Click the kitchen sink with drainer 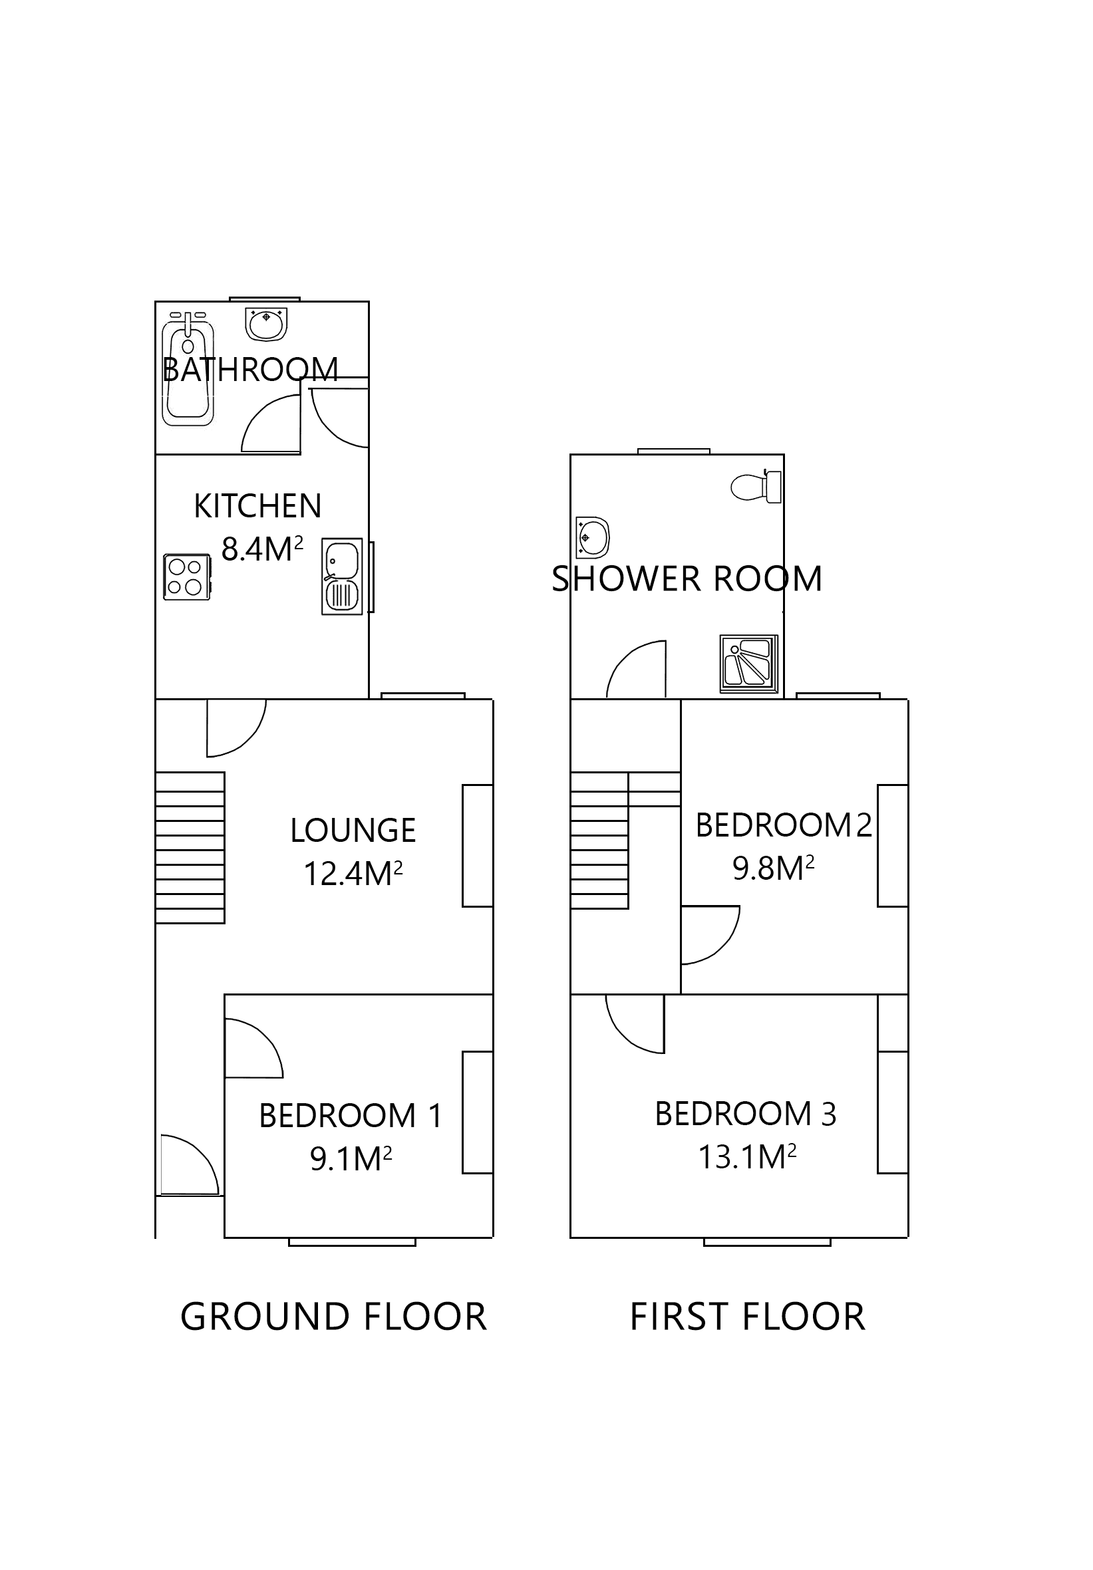[x=341, y=577]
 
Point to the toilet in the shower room [x=756, y=487]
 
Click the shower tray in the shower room [x=748, y=663]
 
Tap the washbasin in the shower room [x=592, y=537]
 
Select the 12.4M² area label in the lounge [x=353, y=873]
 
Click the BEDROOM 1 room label [x=350, y=1116]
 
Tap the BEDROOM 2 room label [x=783, y=825]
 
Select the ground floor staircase [x=190, y=847]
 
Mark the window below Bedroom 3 [x=766, y=1241]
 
